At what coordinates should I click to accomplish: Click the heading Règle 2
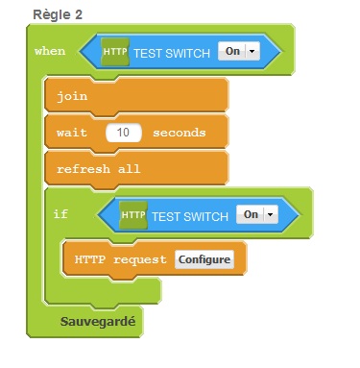click(x=58, y=14)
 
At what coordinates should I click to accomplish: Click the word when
click(x=50, y=51)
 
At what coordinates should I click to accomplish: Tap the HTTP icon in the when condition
click(x=115, y=52)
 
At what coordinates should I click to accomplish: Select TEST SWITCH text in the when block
click(x=172, y=53)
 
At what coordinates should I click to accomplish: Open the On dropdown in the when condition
click(x=239, y=51)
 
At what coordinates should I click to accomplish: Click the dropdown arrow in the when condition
click(x=252, y=51)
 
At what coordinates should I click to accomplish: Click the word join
click(x=72, y=96)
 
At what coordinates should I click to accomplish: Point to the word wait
click(x=72, y=133)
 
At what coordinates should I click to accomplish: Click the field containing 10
click(x=124, y=133)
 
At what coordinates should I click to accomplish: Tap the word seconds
click(x=180, y=133)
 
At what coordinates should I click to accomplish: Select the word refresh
click(x=84, y=168)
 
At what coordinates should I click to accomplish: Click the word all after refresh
click(x=129, y=168)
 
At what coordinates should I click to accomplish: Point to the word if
click(x=60, y=213)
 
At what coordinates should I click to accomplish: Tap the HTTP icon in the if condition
click(x=133, y=215)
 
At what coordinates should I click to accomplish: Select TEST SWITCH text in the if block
click(x=190, y=216)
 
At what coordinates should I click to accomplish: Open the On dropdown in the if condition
click(x=257, y=214)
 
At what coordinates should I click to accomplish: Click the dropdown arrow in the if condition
click(x=271, y=214)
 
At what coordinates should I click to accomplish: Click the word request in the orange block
click(x=140, y=259)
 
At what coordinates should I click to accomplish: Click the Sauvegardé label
click(x=98, y=322)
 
